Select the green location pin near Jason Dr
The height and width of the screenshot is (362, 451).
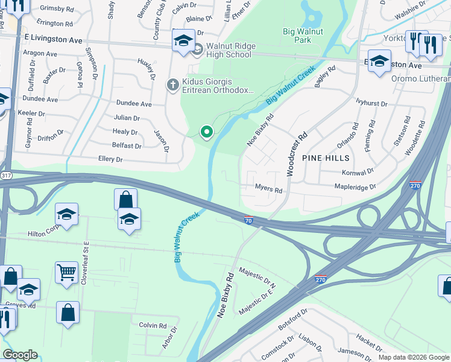point(207,132)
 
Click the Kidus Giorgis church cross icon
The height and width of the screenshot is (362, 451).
point(173,84)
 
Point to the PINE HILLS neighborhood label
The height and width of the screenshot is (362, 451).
point(326,158)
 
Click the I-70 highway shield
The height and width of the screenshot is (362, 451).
point(248,220)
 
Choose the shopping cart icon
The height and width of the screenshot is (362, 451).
point(66,271)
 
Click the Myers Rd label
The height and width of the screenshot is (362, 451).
point(269,190)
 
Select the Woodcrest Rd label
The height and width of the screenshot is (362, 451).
point(297,154)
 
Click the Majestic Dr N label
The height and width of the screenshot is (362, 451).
point(257,277)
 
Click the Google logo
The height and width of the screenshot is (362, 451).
point(20,355)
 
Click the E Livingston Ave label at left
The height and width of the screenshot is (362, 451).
point(53,39)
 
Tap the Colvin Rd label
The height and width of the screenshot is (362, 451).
point(153,325)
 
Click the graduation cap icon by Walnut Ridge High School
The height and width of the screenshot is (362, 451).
point(183,40)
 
